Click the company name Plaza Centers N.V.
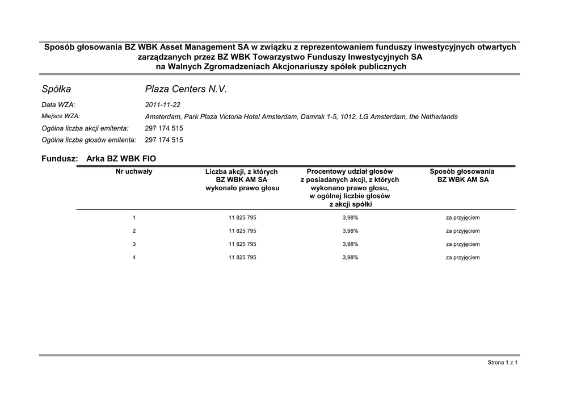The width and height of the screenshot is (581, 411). click(186, 89)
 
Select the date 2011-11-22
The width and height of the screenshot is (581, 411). click(163, 105)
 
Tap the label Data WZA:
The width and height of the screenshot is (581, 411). click(58, 105)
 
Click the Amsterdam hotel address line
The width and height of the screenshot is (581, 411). click(301, 116)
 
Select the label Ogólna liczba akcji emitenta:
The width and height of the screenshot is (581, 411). click(85, 128)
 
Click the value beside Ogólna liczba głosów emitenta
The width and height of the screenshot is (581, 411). click(164, 140)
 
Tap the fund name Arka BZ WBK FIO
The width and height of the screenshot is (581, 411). click(121, 159)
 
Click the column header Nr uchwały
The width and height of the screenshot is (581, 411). click(134, 171)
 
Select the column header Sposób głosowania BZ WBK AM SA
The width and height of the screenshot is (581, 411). click(462, 175)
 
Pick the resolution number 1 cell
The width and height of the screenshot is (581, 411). click(134, 217)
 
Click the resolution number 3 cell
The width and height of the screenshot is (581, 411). click(134, 244)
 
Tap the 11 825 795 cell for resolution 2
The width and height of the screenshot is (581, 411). click(242, 231)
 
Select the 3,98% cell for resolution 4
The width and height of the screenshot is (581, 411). click(350, 258)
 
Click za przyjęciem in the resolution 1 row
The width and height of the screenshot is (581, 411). click(462, 217)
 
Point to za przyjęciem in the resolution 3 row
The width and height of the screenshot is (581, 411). click(462, 244)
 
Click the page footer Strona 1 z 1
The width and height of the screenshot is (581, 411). click(503, 362)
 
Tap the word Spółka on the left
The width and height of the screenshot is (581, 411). click(56, 89)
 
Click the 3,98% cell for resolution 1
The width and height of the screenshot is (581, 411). click(350, 217)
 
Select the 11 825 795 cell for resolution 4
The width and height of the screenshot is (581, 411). click(242, 258)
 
